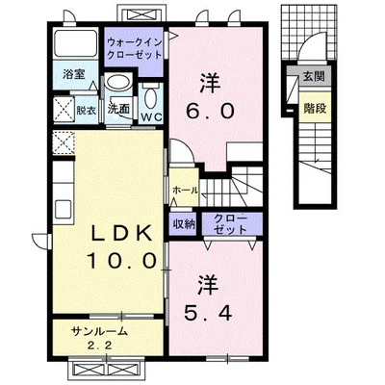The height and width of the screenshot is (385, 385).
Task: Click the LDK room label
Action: tap(122, 233)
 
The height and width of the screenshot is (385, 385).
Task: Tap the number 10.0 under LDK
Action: tap(122, 260)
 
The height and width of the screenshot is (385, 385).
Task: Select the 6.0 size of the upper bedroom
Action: tap(210, 112)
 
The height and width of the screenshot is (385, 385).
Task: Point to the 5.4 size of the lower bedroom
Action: tap(208, 313)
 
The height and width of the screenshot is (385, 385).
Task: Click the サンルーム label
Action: tap(100, 331)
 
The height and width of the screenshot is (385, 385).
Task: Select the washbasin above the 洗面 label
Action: tap(118, 82)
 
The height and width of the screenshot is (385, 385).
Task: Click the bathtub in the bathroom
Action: tap(75, 43)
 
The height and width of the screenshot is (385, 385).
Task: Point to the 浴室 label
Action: tap(73, 75)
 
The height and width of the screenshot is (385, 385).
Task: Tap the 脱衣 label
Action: tap(86, 111)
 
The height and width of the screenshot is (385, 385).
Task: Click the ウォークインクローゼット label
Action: tap(134, 48)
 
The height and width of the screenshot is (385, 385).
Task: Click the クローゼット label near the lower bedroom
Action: tap(230, 224)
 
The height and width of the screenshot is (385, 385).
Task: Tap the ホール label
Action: tap(186, 191)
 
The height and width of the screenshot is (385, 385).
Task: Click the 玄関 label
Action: tap(314, 77)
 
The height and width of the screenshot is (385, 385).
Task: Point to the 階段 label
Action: tap(315, 109)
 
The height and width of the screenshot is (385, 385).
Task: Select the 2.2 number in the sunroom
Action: tap(100, 346)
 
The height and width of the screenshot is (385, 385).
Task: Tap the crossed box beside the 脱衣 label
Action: tap(64, 110)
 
